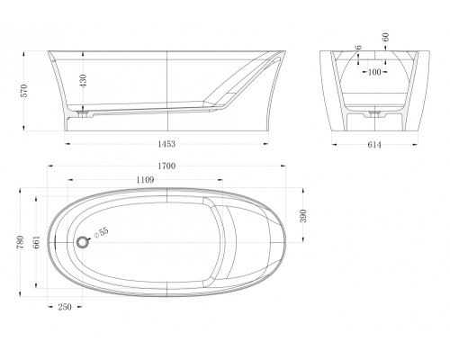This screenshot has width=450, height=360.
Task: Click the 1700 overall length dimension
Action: pos(166,166)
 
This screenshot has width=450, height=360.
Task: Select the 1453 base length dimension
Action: pos(166,144)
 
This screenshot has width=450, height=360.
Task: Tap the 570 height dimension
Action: pos(24,91)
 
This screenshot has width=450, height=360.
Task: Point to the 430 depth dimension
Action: pos(83,80)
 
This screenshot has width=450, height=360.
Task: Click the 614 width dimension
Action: pos(374,145)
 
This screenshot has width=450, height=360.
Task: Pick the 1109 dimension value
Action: pos(145,180)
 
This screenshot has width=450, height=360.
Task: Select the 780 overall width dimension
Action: pos(21,242)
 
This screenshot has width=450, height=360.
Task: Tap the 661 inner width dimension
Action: pos(36,242)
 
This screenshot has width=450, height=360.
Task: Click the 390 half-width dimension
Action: pos(303,216)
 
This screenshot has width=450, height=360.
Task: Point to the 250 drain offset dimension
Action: pos(65,307)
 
